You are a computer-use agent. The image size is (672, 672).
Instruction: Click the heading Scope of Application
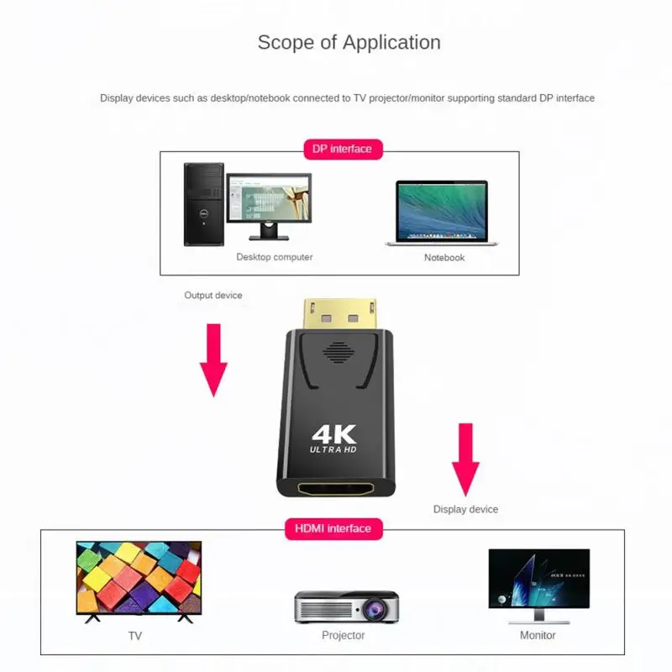[x=349, y=42]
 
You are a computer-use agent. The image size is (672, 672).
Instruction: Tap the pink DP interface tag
[x=342, y=150]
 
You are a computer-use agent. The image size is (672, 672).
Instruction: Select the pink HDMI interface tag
[x=333, y=528]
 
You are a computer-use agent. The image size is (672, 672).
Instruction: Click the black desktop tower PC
[x=203, y=204]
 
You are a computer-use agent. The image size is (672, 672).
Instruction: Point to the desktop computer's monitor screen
[x=269, y=197]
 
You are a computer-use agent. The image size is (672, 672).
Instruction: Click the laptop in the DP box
[x=442, y=213]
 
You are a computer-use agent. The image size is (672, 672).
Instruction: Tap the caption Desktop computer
[x=274, y=257]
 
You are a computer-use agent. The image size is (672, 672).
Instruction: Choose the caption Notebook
[x=444, y=258]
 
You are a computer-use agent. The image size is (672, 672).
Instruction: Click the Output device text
[x=213, y=296]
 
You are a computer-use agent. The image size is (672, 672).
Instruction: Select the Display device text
[x=465, y=509]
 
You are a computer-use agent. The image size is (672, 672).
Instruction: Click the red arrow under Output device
[x=214, y=360]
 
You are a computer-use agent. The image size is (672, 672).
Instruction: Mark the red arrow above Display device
[x=465, y=459]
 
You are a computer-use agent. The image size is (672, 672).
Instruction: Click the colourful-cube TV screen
[x=139, y=577]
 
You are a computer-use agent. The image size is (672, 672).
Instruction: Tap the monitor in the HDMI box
[x=538, y=583]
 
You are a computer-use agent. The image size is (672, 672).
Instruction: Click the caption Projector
[x=344, y=635]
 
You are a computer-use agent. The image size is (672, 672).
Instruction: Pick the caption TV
[x=135, y=636]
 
